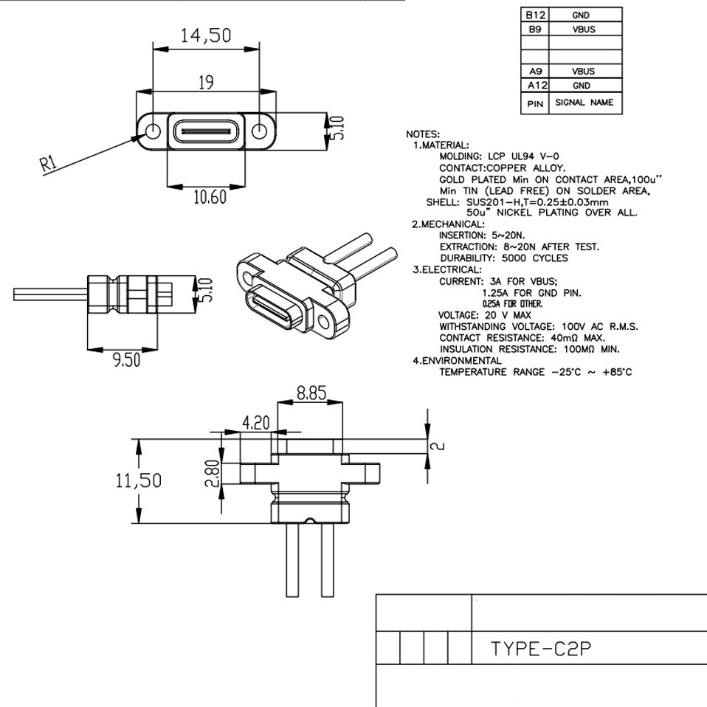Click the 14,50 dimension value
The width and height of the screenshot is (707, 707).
pos(206,35)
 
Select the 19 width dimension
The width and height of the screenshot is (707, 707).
pos(206,82)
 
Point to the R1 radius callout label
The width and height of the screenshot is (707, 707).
pos(49,165)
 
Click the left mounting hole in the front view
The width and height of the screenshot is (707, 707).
pos(153,131)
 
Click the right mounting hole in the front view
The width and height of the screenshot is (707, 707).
pos(260,131)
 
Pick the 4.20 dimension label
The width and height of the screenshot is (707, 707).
pos(255,423)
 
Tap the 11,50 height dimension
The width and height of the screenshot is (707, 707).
pos(139,481)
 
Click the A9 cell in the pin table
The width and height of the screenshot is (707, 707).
pos(534,72)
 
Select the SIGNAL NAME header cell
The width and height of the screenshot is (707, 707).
pos(584,103)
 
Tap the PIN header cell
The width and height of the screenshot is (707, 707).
pos(534,103)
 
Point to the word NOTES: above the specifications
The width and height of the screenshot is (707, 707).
pos(423,134)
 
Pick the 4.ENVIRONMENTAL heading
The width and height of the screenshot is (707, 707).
pos(458,361)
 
